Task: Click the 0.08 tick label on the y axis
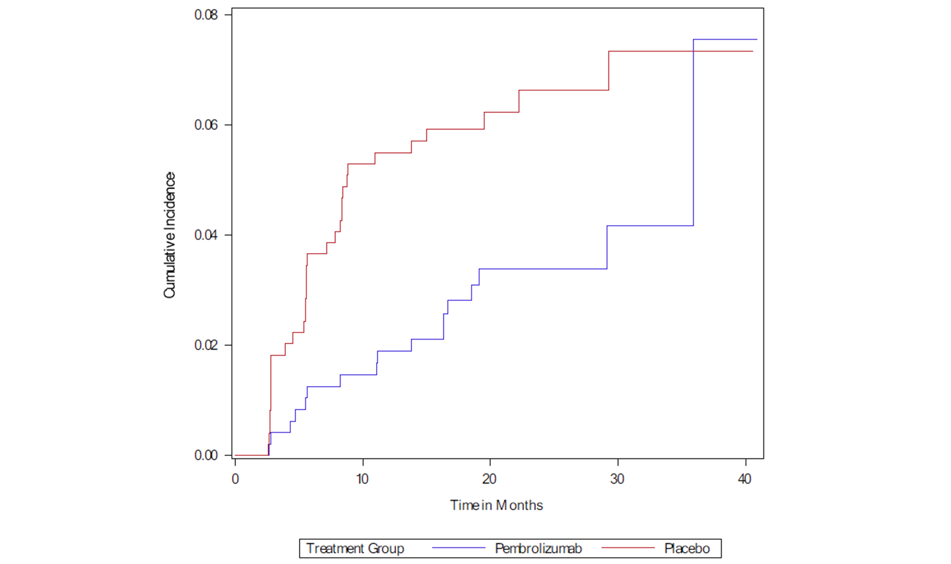pos(206,15)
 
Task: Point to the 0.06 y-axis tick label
pos(206,125)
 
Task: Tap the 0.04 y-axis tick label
pos(206,235)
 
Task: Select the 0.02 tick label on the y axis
pos(206,345)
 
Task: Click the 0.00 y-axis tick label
pos(206,455)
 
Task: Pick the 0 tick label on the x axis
pos(235,479)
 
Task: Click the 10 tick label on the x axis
pos(362,479)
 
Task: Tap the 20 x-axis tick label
pos(490,479)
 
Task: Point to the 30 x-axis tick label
pos(617,479)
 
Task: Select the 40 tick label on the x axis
pos(745,479)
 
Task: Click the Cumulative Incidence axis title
pos(170,235)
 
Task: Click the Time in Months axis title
pos(496,506)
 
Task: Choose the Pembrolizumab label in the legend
pos(538,548)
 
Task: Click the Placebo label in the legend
pos(687,548)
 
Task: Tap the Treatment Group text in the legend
pos(355,548)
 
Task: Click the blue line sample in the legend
pos(458,548)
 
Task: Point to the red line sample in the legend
pos(628,548)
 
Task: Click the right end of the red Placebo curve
pos(752,51)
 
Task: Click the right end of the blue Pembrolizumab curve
pos(756,40)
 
